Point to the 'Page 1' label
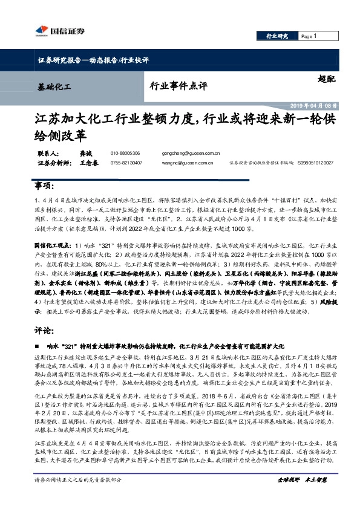point(309,36)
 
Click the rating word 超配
point(324,79)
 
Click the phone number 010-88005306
point(125,154)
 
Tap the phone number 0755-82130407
point(126,163)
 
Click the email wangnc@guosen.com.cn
point(189,163)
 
